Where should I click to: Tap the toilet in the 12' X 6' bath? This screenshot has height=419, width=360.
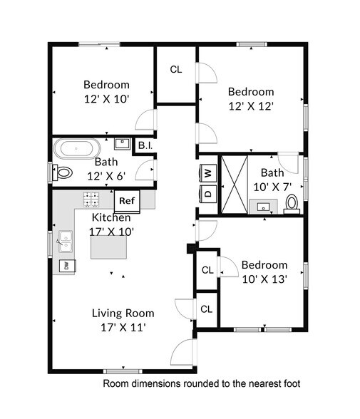pos(64,172)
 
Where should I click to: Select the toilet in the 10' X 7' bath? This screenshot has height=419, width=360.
pos(292,204)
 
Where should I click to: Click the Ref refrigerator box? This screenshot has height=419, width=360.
pos(126,202)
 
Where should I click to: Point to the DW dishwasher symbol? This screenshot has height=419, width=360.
pos(65,266)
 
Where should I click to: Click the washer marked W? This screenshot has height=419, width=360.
pos(208,172)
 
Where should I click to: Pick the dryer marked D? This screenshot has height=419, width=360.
pos(208,192)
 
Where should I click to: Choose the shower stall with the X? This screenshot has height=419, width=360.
pos(235,183)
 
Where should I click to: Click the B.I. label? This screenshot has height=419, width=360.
pos(145,146)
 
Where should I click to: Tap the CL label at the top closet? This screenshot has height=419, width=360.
pos(176,70)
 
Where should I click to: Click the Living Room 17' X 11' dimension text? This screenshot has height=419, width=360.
pos(123,327)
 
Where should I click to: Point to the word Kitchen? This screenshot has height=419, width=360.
pos(111,217)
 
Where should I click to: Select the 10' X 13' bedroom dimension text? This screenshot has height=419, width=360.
pos(264,279)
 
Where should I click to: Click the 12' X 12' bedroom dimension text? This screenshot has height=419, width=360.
pos(251,106)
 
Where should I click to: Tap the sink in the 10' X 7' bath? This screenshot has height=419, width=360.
pos(265,207)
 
